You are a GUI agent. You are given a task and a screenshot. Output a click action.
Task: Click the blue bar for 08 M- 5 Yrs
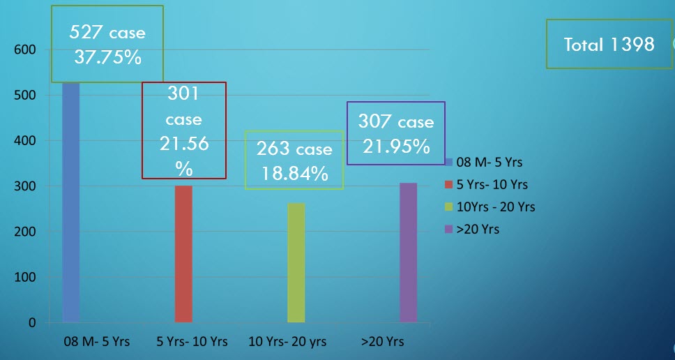[70, 202]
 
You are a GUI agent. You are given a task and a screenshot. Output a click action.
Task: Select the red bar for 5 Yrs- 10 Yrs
[183, 254]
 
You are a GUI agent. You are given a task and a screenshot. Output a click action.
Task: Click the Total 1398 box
[609, 45]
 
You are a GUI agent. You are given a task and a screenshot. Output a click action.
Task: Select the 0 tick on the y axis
[32, 323]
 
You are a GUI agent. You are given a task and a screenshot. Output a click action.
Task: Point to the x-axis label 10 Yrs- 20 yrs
[287, 342]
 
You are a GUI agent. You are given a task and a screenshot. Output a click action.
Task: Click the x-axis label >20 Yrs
[382, 342]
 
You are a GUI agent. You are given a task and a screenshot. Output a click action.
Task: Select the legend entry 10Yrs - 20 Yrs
[496, 207]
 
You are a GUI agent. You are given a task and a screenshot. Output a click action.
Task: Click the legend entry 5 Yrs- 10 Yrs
[492, 184]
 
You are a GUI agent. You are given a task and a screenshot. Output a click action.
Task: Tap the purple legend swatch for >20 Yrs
[449, 229]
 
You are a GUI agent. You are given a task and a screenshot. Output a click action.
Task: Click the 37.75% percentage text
[107, 57]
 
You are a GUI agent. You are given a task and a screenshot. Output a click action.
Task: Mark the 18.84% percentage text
[295, 174]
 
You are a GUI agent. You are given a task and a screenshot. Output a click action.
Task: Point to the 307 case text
[395, 122]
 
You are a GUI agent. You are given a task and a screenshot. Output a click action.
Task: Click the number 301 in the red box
[183, 93]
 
